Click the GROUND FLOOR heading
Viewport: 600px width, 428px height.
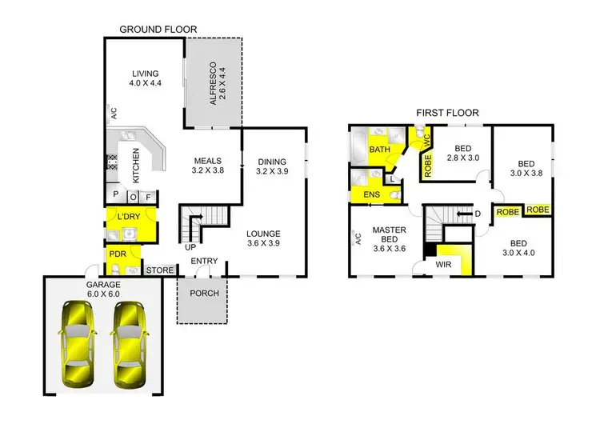[158, 30]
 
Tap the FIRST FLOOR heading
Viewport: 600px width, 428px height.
[446, 113]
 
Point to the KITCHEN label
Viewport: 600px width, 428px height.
[136, 166]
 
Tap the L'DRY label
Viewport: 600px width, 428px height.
[129, 218]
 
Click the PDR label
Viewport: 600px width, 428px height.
[117, 258]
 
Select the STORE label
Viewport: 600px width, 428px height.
[160, 270]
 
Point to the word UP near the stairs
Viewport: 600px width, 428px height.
[190, 247]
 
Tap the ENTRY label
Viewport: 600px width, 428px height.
[205, 261]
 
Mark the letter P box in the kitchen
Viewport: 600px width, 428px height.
[116, 195]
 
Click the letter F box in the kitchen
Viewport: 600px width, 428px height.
[147, 195]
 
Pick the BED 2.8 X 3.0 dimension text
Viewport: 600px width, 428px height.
[462, 158]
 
